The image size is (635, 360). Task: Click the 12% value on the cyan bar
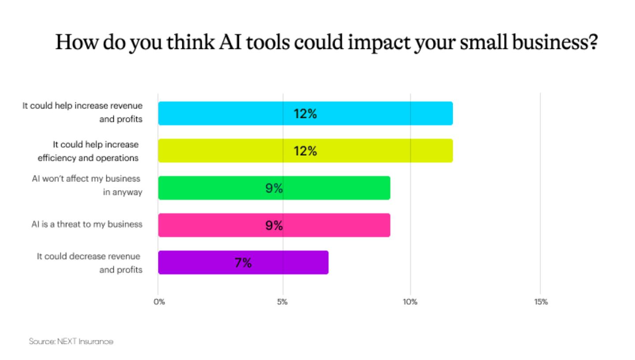point(305,114)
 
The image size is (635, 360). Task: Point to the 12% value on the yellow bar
point(305,151)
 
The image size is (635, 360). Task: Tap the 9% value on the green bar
point(274,188)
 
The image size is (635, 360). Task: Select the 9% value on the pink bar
point(274,226)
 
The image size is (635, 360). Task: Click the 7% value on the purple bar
point(243,263)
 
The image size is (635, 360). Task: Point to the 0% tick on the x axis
point(159,302)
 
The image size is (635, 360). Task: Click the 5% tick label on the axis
point(283,302)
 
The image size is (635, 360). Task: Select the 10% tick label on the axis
point(410,302)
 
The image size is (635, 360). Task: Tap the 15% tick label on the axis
point(541,302)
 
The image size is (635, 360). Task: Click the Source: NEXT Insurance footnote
point(71,341)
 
